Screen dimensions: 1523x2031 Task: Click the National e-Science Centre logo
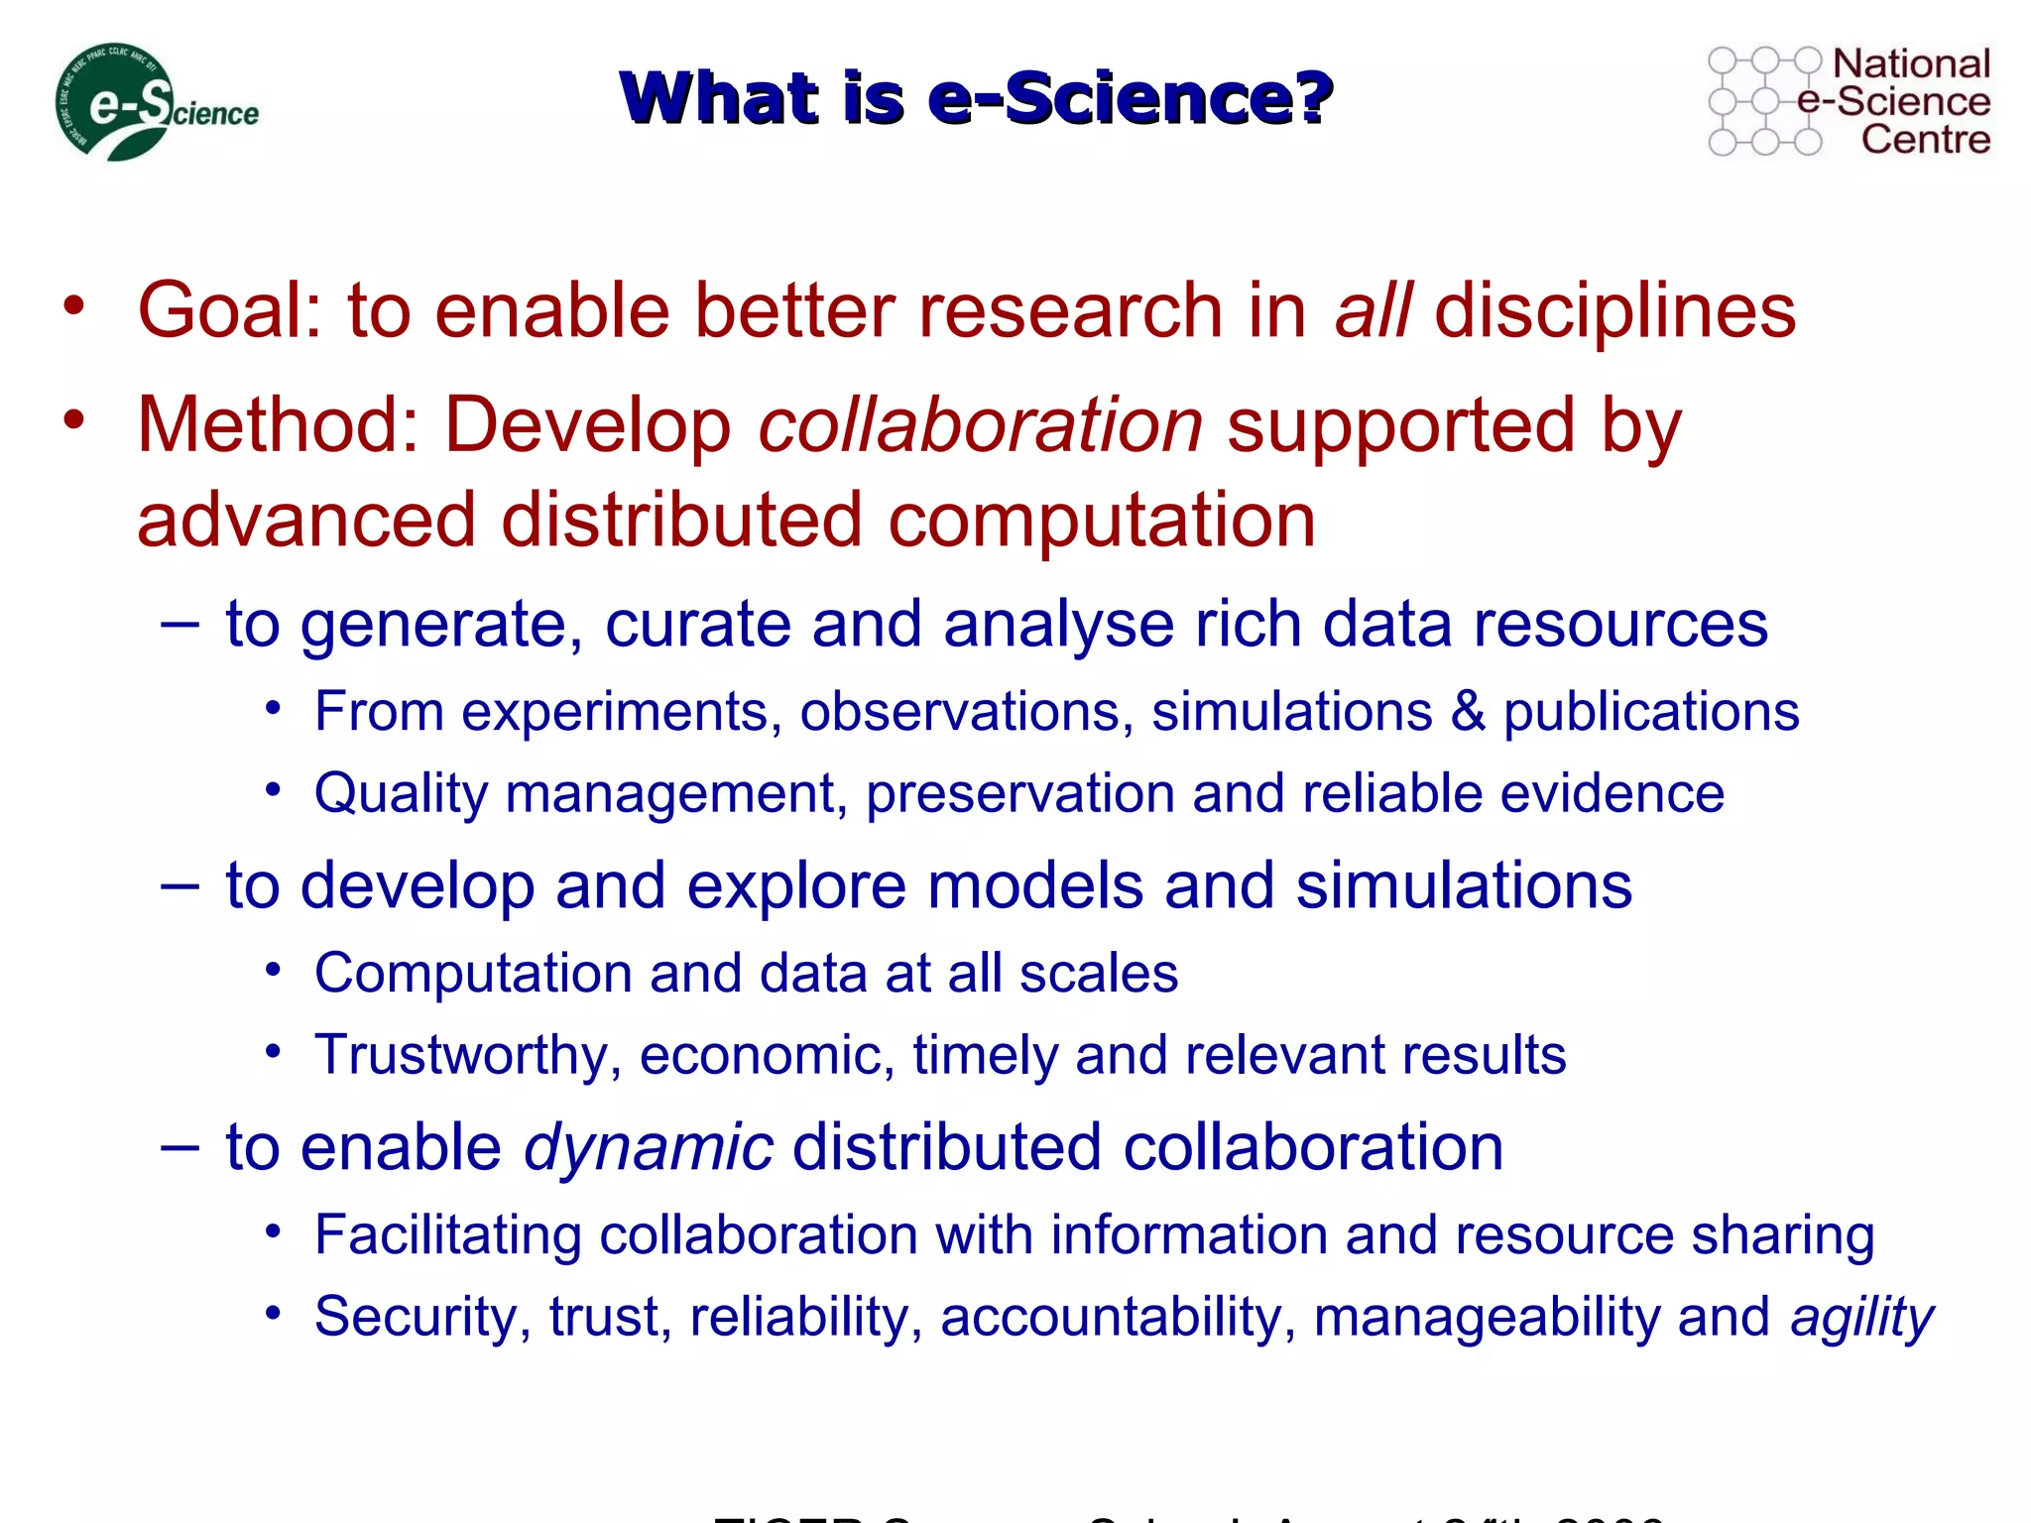tap(1849, 101)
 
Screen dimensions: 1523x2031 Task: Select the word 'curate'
tap(697, 625)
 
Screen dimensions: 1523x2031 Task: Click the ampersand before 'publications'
tap(1467, 712)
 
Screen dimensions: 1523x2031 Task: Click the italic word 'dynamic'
tap(648, 1148)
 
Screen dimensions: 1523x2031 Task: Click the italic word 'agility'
tap(1861, 1319)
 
